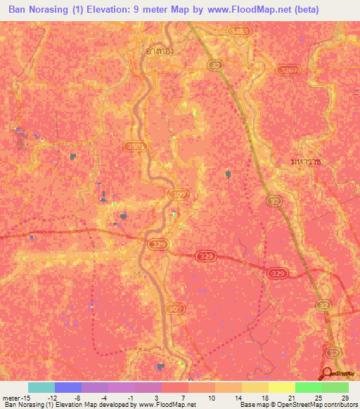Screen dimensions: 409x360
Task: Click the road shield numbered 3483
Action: point(238,32)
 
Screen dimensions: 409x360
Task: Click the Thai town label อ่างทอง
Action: point(151,51)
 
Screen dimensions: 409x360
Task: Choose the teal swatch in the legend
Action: point(41,387)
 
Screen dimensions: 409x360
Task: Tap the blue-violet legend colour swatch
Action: point(68,387)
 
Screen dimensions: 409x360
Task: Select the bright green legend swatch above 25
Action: point(309,387)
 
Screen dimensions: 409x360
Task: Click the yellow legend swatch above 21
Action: point(282,387)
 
